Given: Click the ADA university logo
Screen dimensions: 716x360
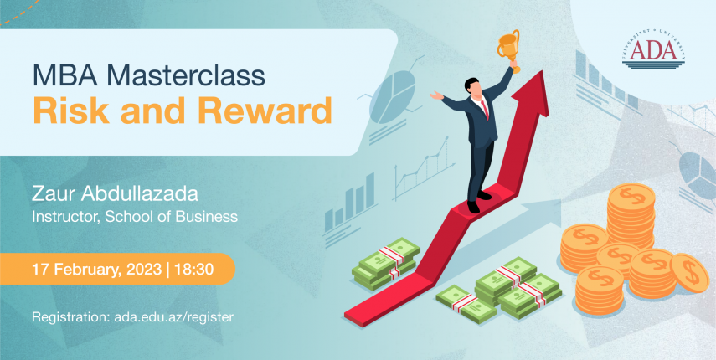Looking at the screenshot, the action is click(x=653, y=52).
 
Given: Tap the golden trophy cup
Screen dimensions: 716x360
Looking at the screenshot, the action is click(x=509, y=48).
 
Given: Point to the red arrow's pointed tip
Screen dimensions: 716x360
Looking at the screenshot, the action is click(x=542, y=72).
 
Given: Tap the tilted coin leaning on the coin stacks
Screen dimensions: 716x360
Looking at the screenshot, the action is click(x=689, y=273).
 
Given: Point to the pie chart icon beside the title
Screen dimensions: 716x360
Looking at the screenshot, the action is click(x=393, y=98).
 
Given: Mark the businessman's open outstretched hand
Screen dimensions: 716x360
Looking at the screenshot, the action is click(x=436, y=95).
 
